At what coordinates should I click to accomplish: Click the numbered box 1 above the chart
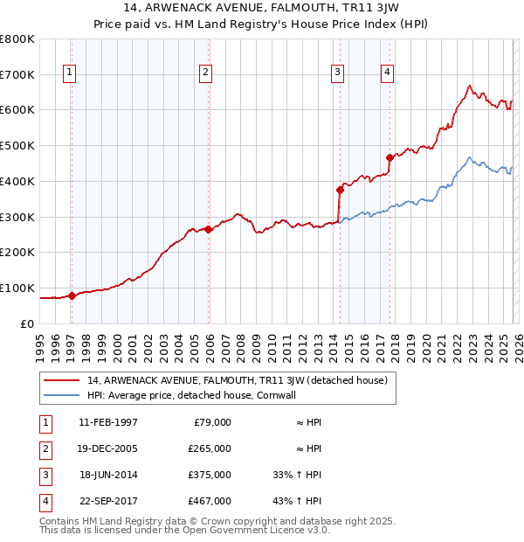click(69, 73)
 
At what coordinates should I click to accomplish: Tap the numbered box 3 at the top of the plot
click(337, 73)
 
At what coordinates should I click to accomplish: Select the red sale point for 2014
click(340, 189)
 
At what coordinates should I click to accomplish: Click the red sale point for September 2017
click(390, 157)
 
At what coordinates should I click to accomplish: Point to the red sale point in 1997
click(72, 295)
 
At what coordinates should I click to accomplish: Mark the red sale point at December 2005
click(209, 229)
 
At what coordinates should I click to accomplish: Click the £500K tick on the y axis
click(17, 145)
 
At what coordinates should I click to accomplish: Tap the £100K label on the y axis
click(17, 288)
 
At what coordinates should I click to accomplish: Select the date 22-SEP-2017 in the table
click(107, 501)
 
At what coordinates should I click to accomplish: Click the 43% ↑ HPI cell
click(297, 501)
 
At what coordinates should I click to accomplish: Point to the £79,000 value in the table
click(212, 421)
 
